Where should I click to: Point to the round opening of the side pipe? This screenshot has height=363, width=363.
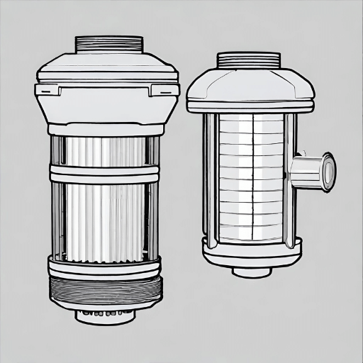click(x=329, y=171)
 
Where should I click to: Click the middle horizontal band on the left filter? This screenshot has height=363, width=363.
click(x=104, y=172)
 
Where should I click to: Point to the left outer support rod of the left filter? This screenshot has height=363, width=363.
click(x=55, y=199)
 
